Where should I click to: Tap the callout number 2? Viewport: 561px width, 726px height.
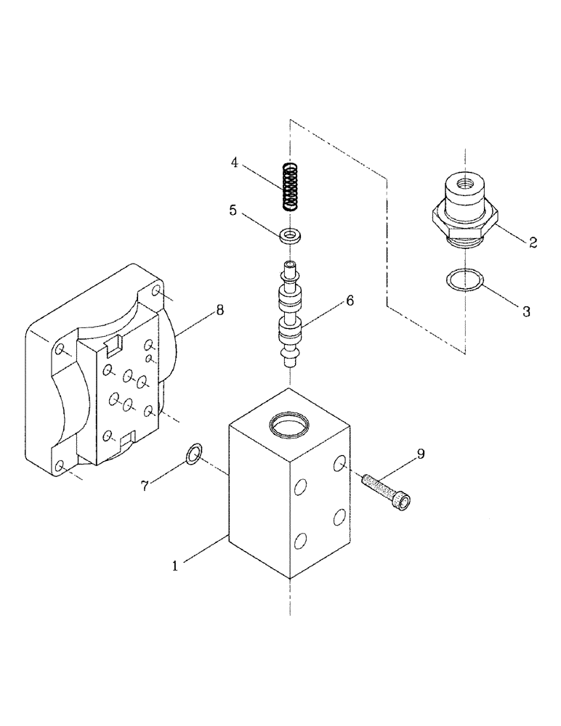click(x=533, y=243)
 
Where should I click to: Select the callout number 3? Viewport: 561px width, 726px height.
click(x=527, y=312)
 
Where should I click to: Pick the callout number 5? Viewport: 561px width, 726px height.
click(x=233, y=211)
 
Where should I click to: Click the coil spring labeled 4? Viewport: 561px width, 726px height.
click(x=291, y=187)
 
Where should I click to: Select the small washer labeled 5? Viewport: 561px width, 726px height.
click(x=291, y=234)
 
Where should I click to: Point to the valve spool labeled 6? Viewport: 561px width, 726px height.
click(x=291, y=316)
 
